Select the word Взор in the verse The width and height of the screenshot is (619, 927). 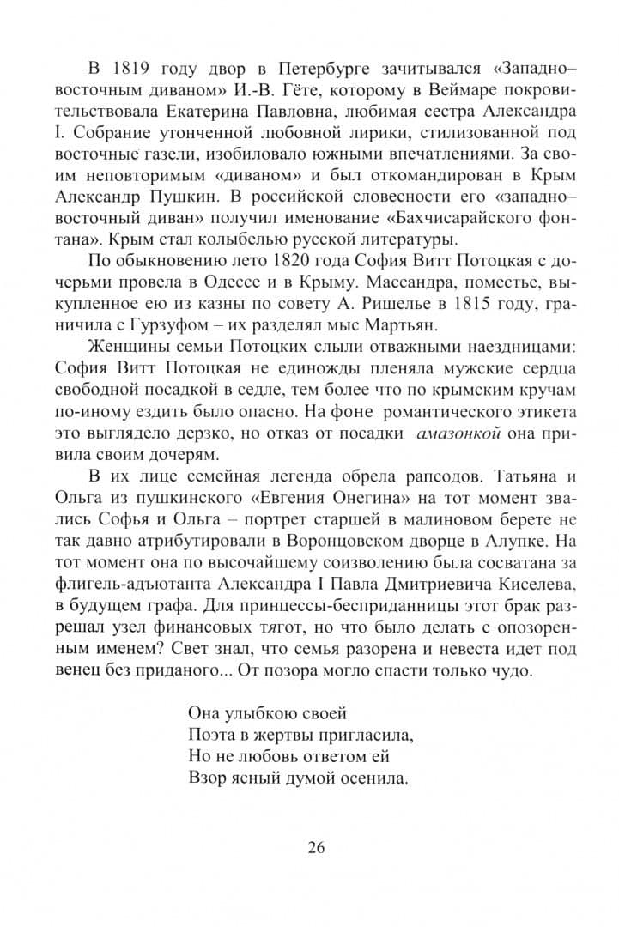coord(203,779)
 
